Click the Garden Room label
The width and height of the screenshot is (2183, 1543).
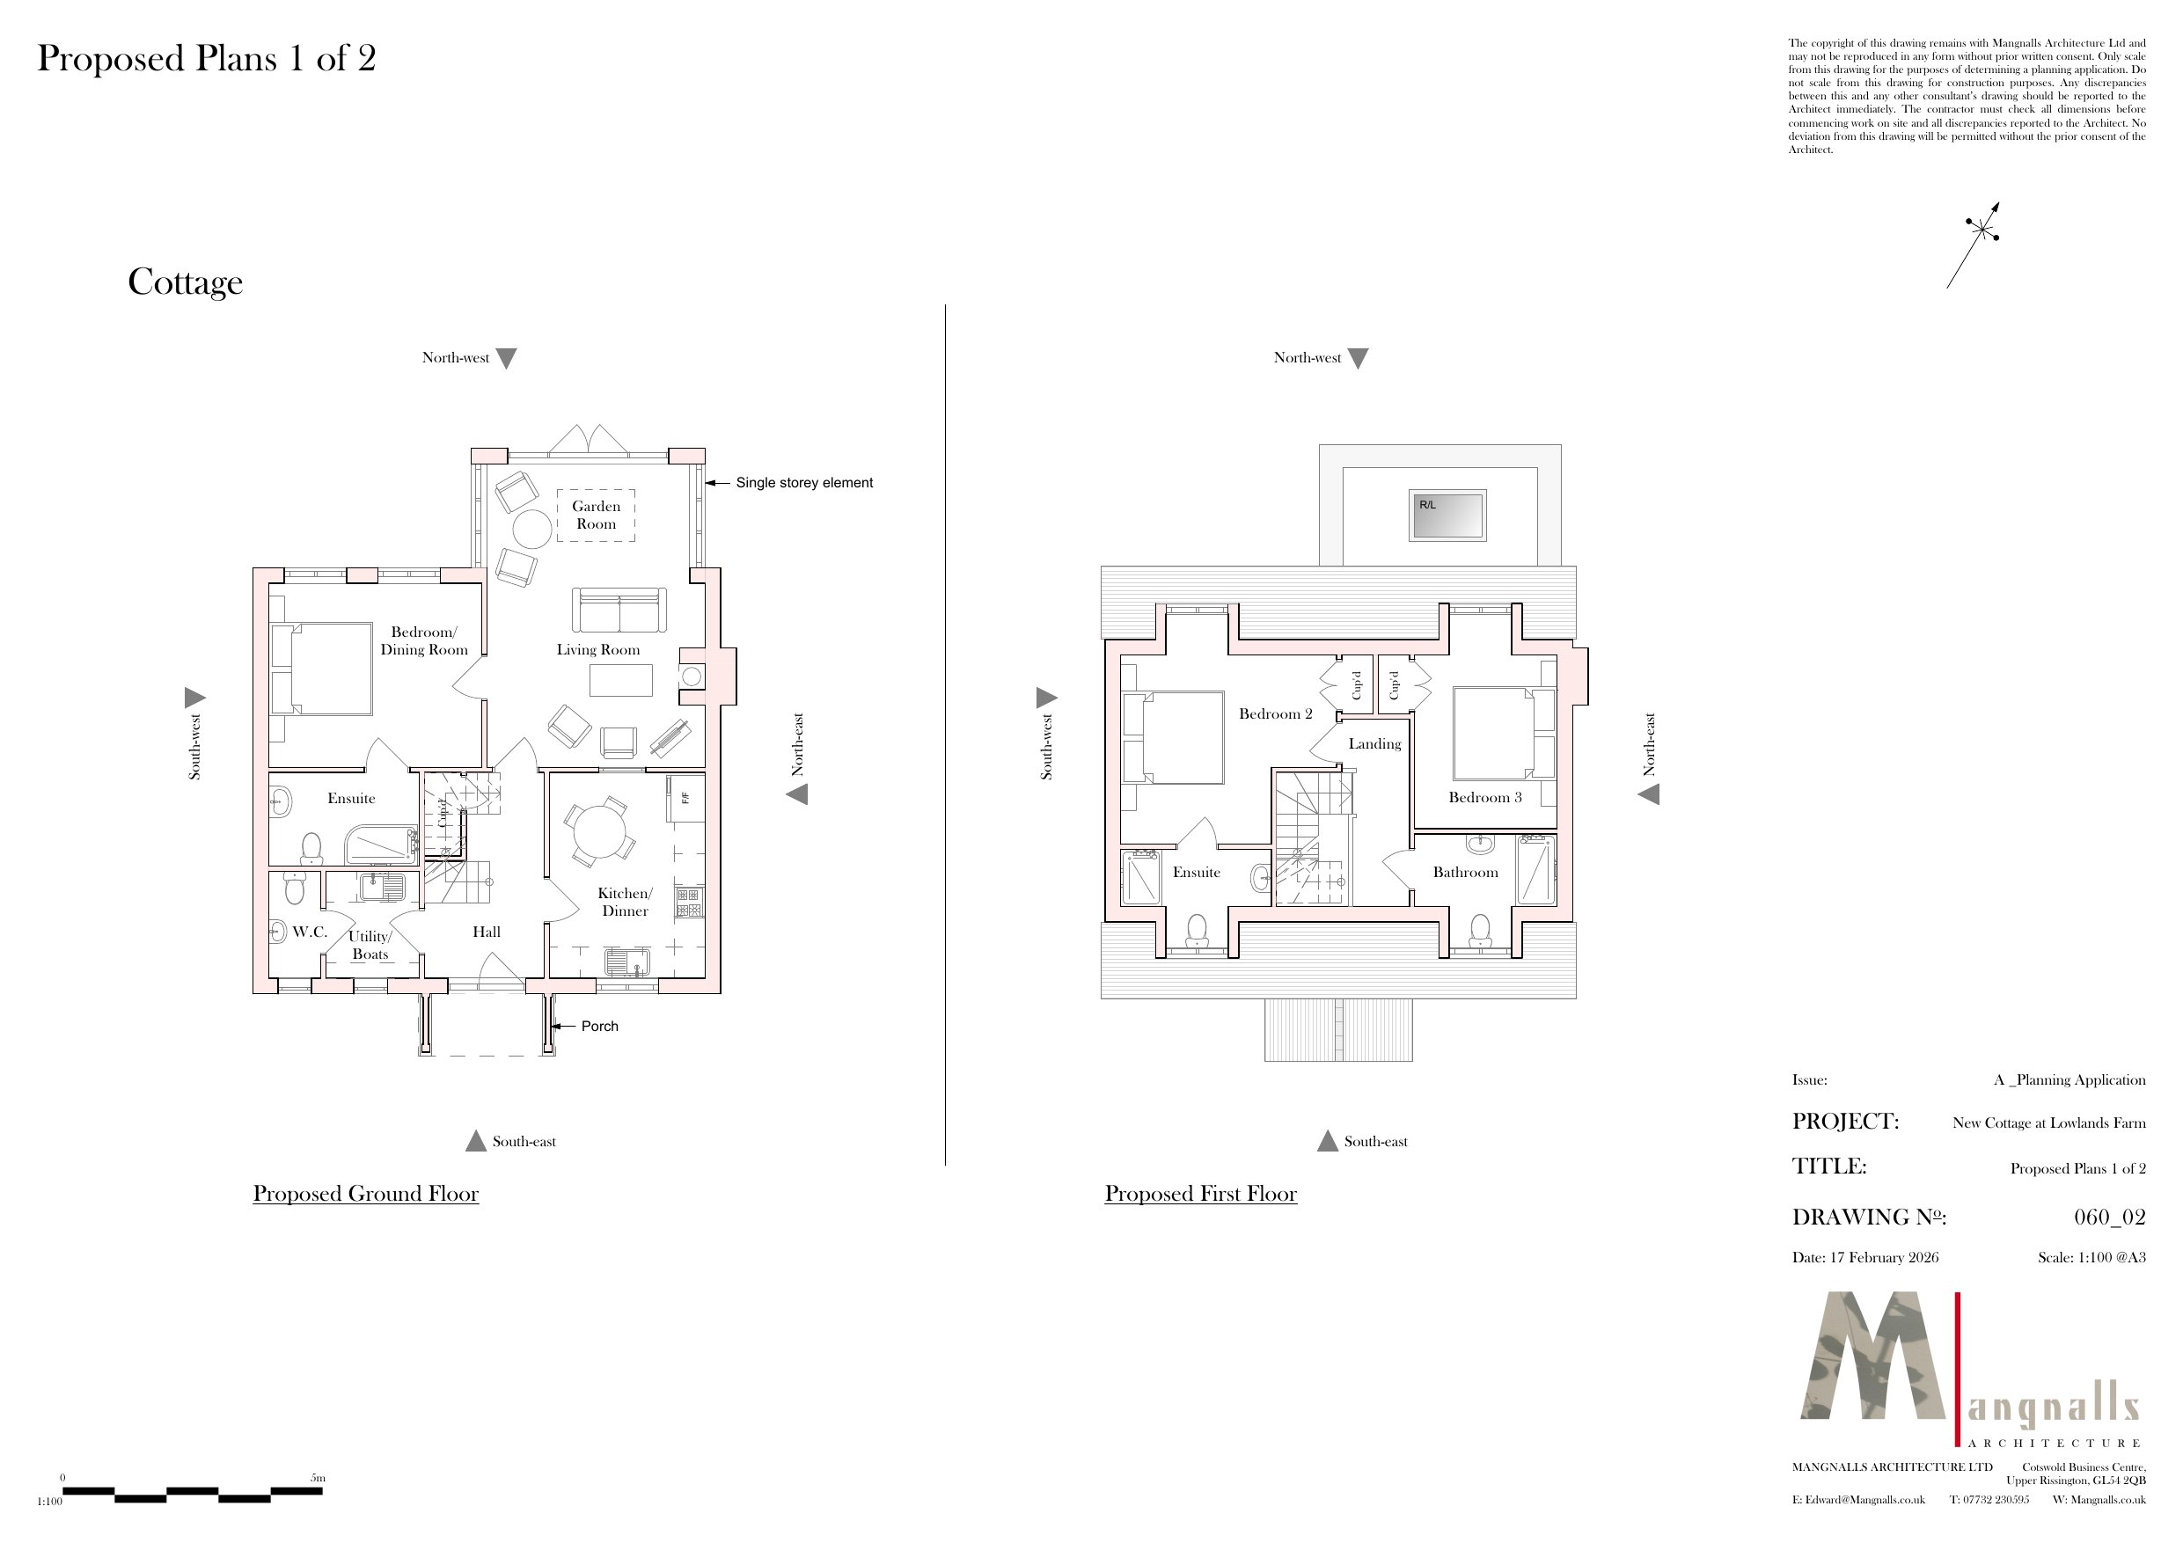[x=597, y=516]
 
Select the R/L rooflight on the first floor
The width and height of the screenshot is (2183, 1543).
[x=1447, y=516]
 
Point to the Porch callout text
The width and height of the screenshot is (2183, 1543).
[x=599, y=1026]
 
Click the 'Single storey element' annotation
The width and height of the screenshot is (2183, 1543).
[x=804, y=483]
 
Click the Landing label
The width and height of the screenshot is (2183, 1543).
[x=1375, y=744]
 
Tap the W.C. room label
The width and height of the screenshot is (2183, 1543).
[x=310, y=932]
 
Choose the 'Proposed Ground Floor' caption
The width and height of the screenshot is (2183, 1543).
[x=366, y=1194]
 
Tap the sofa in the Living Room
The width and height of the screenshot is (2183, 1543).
[x=619, y=611]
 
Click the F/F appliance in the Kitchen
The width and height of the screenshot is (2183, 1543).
[x=685, y=797]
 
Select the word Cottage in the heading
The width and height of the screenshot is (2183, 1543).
[x=186, y=282]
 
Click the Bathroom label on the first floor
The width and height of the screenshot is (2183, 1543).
[x=1465, y=872]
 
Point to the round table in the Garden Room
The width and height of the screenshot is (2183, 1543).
[x=532, y=530]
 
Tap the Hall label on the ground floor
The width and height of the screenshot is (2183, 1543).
[x=487, y=932]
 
